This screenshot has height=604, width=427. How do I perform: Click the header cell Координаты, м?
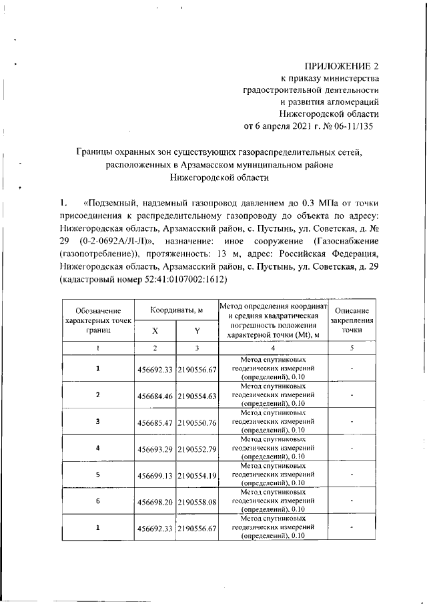[176, 310]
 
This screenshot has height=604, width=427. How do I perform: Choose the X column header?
[155, 330]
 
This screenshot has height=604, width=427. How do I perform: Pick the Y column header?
[197, 330]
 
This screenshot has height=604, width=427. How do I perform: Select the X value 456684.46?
[155, 396]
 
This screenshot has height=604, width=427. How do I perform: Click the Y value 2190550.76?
[197, 422]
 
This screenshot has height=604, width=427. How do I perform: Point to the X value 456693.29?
[155, 448]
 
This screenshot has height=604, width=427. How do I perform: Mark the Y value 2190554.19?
[197, 475]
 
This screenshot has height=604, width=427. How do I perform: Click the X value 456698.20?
[155, 502]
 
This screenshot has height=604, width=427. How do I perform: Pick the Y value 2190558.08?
[197, 502]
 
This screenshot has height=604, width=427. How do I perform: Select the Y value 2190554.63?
[197, 396]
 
